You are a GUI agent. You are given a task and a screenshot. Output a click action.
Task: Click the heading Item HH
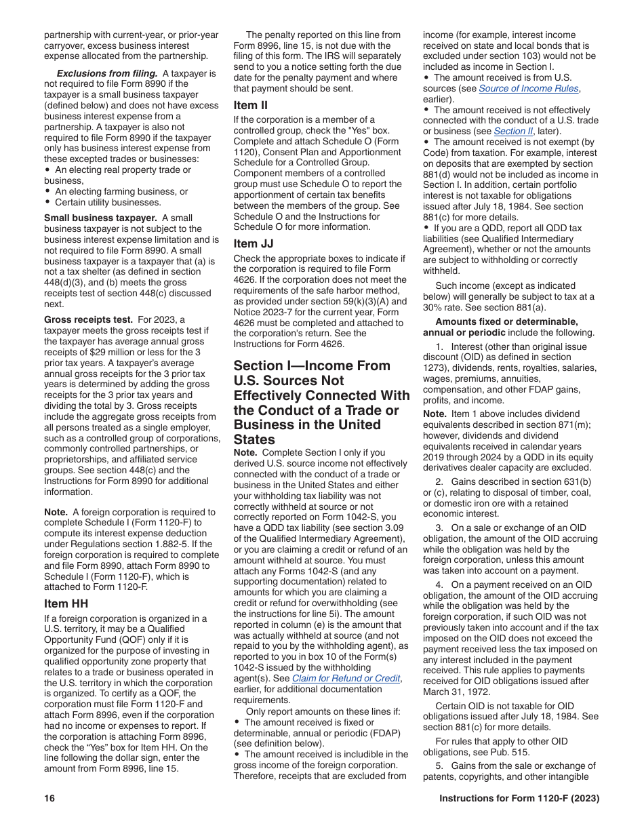[x=66, y=603]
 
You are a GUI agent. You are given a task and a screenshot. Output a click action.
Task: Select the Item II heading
[x=250, y=105]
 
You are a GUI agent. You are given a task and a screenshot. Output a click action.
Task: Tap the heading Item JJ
[x=252, y=243]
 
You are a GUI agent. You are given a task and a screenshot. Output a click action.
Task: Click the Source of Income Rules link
[x=529, y=89]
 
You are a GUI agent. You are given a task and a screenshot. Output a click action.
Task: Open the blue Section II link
[x=513, y=132]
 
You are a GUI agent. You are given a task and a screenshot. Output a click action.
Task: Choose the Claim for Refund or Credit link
[x=346, y=678]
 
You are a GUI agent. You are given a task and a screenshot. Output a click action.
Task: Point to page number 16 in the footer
[x=49, y=799]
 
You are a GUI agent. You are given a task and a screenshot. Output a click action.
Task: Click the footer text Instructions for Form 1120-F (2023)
[x=519, y=799]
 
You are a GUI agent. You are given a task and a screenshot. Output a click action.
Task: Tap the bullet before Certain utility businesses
[x=48, y=202]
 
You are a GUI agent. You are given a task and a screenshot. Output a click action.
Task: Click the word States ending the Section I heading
[x=255, y=439]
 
